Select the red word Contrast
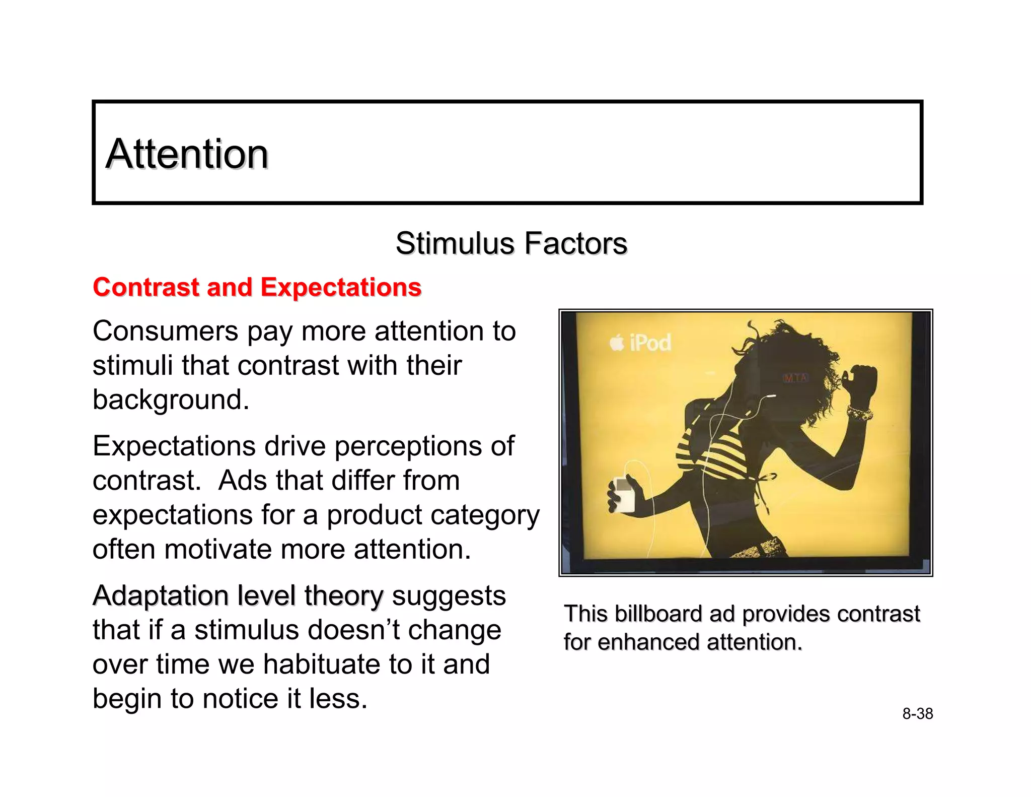(146, 287)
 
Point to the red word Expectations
(341, 287)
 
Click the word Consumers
(165, 331)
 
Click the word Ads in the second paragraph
(242, 480)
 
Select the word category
(483, 515)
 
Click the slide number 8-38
(917, 714)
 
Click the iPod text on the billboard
(650, 343)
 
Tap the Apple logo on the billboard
(616, 343)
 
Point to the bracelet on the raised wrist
(859, 413)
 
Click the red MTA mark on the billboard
(795, 378)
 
